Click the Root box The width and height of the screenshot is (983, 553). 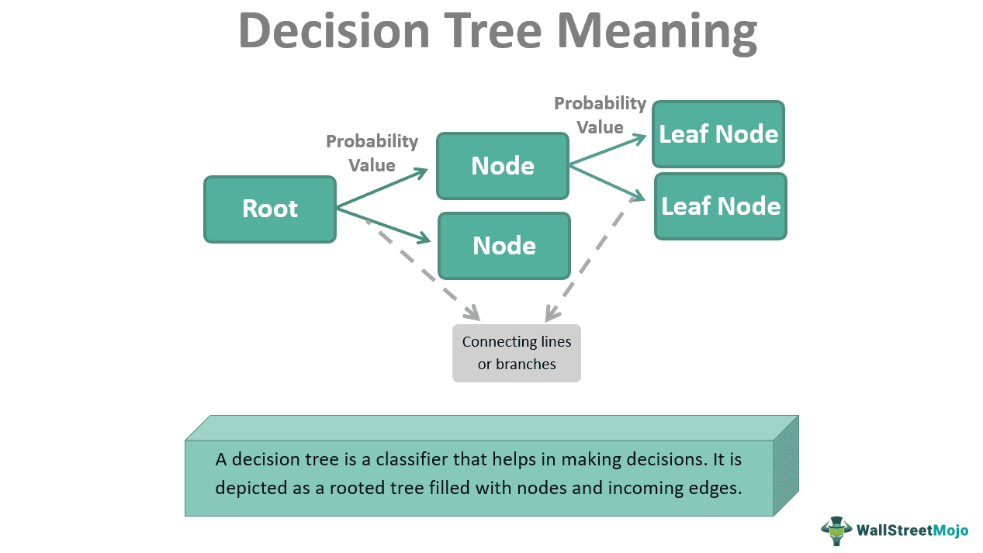(x=270, y=209)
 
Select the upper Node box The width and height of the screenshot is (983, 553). (x=503, y=166)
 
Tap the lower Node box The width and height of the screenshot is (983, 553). (x=504, y=246)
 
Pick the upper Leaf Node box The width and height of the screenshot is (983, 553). (x=718, y=134)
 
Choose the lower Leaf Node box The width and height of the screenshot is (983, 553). (x=721, y=206)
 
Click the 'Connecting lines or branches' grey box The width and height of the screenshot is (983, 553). (x=517, y=353)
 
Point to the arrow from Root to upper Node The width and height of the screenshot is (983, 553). (x=382, y=188)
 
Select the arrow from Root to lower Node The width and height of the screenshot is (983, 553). (x=382, y=225)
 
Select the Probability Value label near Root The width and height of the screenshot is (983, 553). (x=372, y=154)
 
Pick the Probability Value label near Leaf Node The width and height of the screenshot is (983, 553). (x=600, y=115)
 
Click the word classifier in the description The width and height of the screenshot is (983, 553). (x=417, y=459)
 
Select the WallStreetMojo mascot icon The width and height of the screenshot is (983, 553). (x=836, y=531)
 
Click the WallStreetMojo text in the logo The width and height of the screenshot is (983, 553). (x=912, y=531)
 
